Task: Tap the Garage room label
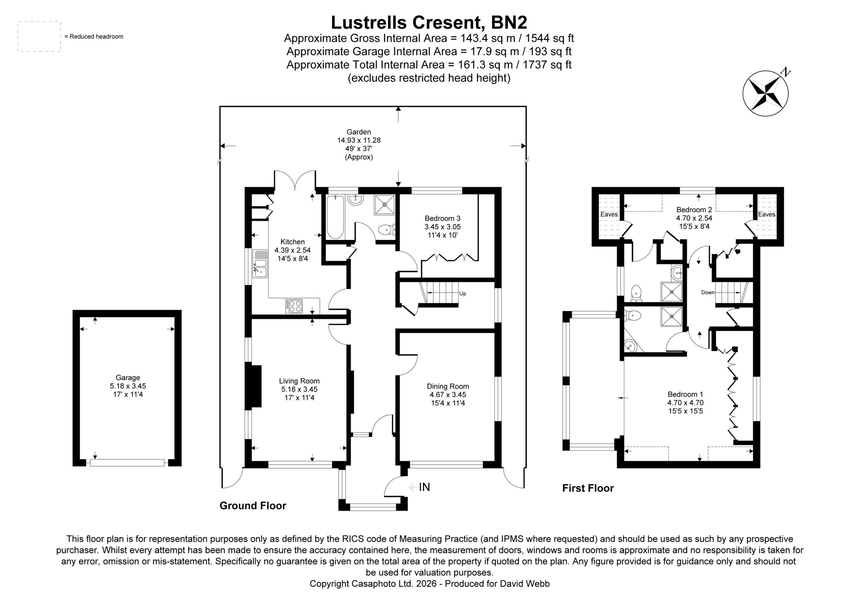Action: point(128,378)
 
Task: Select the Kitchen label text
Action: point(293,242)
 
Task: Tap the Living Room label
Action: point(299,381)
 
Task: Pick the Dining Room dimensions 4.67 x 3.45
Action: point(448,395)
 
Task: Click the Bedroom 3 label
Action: point(442,218)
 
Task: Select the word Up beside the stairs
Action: point(463,294)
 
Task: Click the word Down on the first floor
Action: point(708,292)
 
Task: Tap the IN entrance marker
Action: point(425,487)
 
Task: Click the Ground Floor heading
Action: point(253,506)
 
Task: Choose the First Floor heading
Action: point(588,488)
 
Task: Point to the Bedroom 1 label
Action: point(685,394)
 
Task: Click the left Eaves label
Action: point(609,214)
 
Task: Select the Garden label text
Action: point(359,132)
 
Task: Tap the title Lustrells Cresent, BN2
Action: point(429,22)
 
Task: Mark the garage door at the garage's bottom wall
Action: point(127,463)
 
